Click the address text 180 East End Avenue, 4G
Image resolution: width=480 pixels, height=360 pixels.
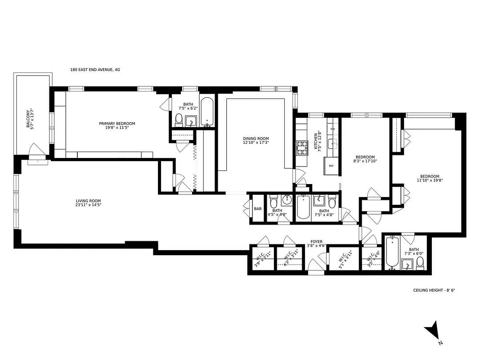click(x=95, y=70)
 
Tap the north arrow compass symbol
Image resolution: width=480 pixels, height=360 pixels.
click(x=432, y=332)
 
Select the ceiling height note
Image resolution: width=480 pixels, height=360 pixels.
click(x=434, y=290)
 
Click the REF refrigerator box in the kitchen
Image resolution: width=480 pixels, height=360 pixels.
click(x=331, y=166)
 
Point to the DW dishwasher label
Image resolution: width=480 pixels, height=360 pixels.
click(x=332, y=129)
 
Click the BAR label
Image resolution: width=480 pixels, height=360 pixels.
click(x=258, y=209)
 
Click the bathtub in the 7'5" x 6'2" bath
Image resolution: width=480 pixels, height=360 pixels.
click(x=207, y=111)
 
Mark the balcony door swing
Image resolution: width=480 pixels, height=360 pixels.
click(x=34, y=150)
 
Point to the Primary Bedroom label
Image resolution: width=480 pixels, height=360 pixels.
click(x=117, y=123)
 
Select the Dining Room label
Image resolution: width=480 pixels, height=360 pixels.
click(x=256, y=139)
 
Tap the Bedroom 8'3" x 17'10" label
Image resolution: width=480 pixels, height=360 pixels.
click(x=364, y=158)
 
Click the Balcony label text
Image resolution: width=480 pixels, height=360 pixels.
click(x=28, y=119)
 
